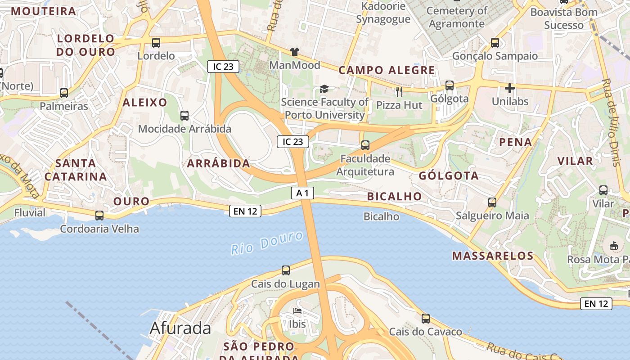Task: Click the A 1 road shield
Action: (x=302, y=193)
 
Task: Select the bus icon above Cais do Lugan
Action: (x=286, y=270)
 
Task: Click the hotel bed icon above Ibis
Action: (x=297, y=311)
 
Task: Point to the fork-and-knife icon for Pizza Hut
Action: (x=399, y=92)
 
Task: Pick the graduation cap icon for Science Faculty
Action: (x=324, y=89)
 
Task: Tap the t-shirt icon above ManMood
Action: (x=295, y=52)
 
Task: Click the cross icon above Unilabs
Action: (x=509, y=88)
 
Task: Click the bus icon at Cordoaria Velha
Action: (x=99, y=216)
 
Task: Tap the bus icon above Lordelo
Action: (x=156, y=43)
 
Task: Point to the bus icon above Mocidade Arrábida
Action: (x=184, y=116)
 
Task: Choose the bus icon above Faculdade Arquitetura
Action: (x=365, y=145)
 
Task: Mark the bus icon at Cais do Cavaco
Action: (x=426, y=319)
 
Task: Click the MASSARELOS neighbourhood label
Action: (x=493, y=256)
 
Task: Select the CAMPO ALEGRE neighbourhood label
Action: (x=387, y=70)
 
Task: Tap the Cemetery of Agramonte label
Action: (x=457, y=17)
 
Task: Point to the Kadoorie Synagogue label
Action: (x=383, y=13)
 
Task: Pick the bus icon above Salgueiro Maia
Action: (x=492, y=202)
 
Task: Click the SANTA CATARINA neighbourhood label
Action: (x=76, y=170)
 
